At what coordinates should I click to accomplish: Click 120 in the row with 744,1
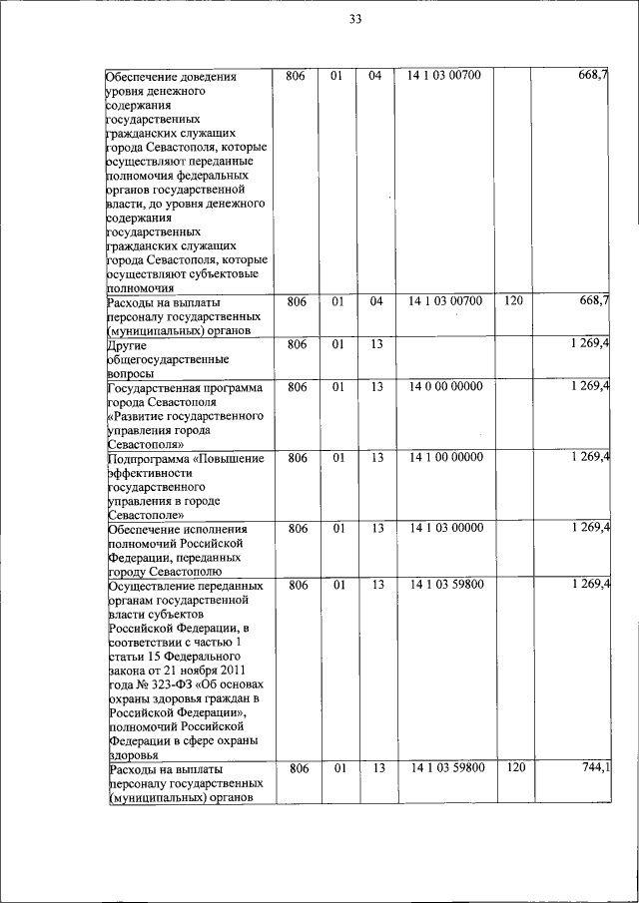coord(512,767)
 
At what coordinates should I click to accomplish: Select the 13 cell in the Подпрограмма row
coord(375,456)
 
